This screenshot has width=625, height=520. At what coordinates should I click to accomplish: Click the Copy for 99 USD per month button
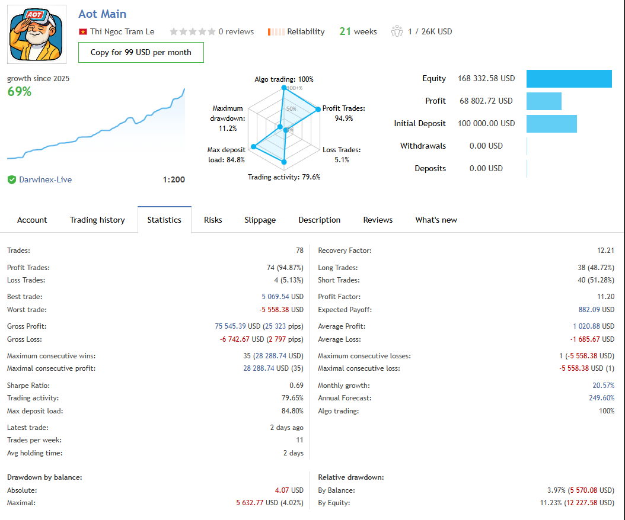tap(141, 52)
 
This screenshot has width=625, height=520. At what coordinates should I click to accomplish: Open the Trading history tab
tap(97, 220)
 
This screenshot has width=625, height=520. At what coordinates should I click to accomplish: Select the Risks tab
tap(213, 220)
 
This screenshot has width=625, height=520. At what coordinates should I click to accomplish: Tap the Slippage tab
tap(260, 220)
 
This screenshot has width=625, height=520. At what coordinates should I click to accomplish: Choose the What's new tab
tap(436, 220)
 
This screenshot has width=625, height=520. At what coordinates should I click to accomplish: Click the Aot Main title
tap(103, 14)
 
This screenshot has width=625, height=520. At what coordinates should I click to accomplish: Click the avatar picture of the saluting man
tap(37, 34)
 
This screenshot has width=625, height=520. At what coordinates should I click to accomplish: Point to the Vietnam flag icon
tap(83, 32)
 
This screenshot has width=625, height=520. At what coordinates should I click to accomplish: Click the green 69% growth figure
tap(20, 92)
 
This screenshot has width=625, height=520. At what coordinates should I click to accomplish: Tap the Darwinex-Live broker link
tap(45, 179)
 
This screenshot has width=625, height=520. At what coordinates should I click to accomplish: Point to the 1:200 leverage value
tap(174, 179)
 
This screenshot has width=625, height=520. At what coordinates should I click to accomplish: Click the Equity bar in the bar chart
tap(569, 79)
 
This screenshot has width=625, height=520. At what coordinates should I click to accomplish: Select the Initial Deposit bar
tap(551, 124)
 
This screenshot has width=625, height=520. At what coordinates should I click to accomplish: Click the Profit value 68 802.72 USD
tap(486, 101)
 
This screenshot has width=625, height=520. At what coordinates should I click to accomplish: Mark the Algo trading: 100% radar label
tap(284, 79)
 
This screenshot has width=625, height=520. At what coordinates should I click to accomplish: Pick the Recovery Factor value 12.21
tap(605, 251)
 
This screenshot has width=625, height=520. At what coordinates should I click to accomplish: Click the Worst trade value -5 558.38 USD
tap(281, 310)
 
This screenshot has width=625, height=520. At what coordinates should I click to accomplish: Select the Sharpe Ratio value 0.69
tap(296, 386)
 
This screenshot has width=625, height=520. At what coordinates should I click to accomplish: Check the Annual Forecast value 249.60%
tap(601, 398)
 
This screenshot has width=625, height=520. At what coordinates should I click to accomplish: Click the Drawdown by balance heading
tap(44, 477)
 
